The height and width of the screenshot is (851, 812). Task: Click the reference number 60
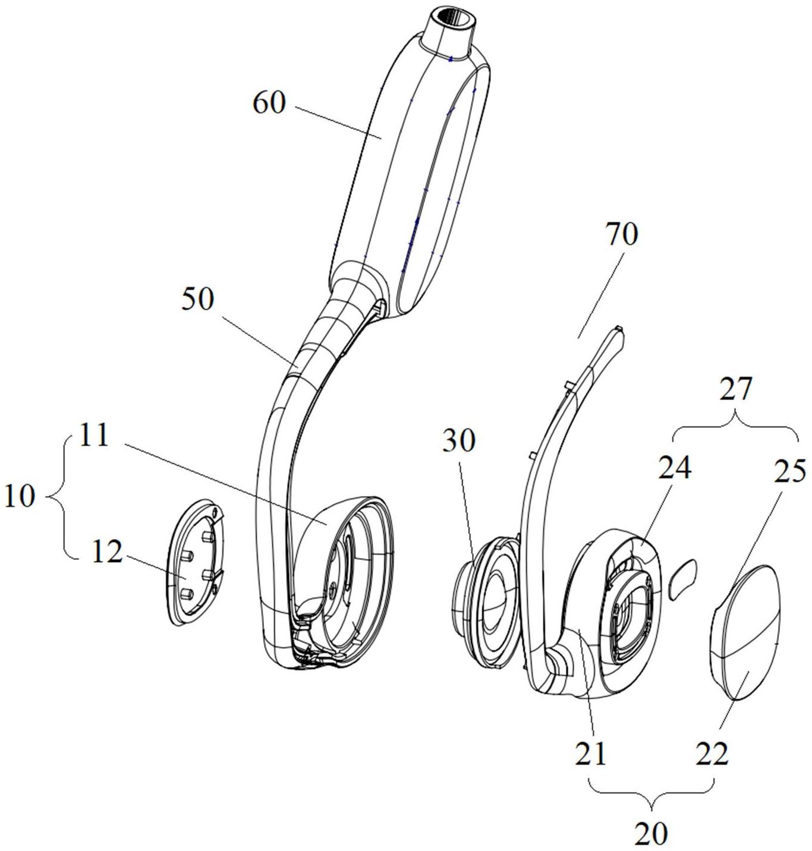coord(269,103)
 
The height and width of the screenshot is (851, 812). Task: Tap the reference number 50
coord(197,299)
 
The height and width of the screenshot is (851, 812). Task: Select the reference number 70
coord(622,235)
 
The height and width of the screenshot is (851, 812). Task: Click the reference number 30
coord(459,441)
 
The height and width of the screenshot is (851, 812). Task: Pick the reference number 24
coord(674,468)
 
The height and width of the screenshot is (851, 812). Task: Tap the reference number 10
coord(19,497)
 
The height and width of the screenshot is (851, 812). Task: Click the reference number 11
coord(93,436)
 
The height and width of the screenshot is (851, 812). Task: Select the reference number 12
coord(107,552)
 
